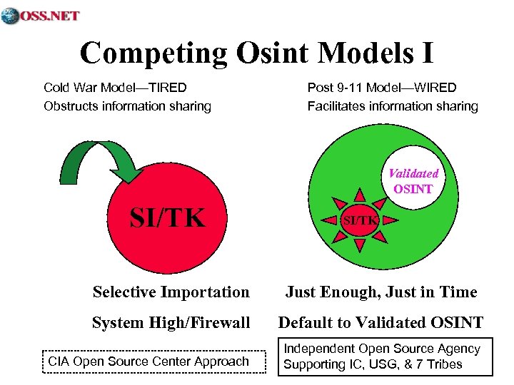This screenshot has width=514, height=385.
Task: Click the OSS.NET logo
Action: [41, 15]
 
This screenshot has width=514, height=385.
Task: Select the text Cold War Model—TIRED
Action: [115, 88]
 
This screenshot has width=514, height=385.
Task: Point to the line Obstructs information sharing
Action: [127, 106]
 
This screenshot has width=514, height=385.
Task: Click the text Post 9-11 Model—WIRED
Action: [382, 88]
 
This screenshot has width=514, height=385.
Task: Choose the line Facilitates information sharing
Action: [393, 106]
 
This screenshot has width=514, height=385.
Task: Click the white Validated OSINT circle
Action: [413, 181]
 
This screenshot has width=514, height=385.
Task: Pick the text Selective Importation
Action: [171, 292]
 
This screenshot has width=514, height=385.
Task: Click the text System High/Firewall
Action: [171, 323]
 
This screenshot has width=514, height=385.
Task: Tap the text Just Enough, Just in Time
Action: [381, 292]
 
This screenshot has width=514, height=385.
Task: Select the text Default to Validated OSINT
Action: [381, 323]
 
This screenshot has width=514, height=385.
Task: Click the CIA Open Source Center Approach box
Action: [148, 361]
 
